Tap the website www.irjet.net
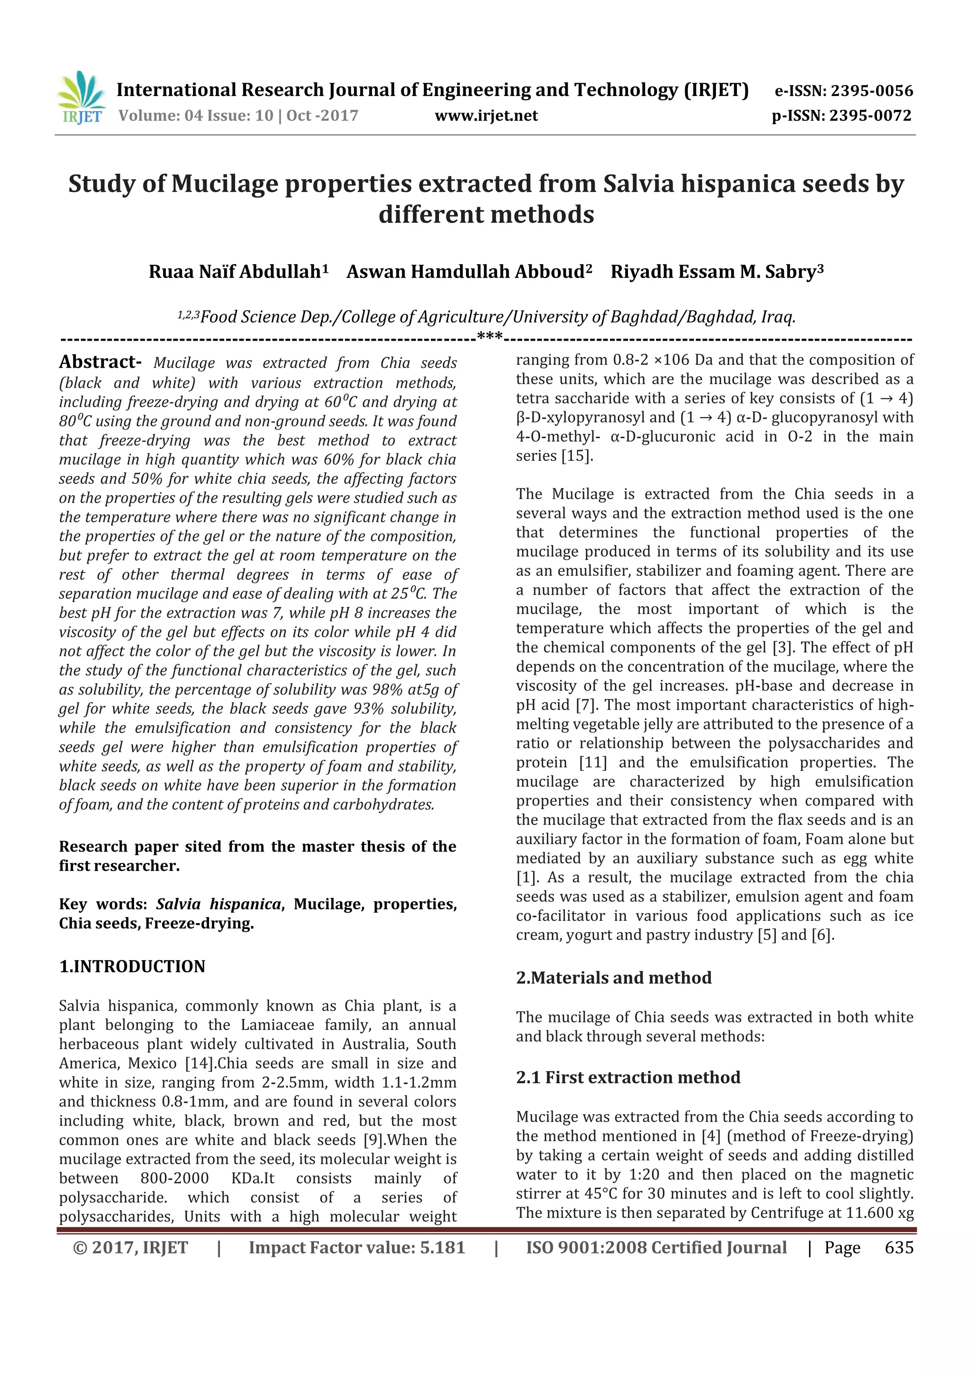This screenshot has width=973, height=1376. point(486,115)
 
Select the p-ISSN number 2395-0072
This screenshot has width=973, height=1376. point(870,115)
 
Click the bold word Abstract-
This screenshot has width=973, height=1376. point(99,362)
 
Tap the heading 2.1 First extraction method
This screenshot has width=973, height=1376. point(628,1077)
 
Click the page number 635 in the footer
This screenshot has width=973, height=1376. point(899,1247)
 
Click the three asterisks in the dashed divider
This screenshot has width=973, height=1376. point(490,337)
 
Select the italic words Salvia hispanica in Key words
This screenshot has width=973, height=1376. point(219,904)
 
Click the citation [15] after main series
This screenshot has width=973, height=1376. point(577,456)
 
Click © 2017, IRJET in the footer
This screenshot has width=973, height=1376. point(130,1247)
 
